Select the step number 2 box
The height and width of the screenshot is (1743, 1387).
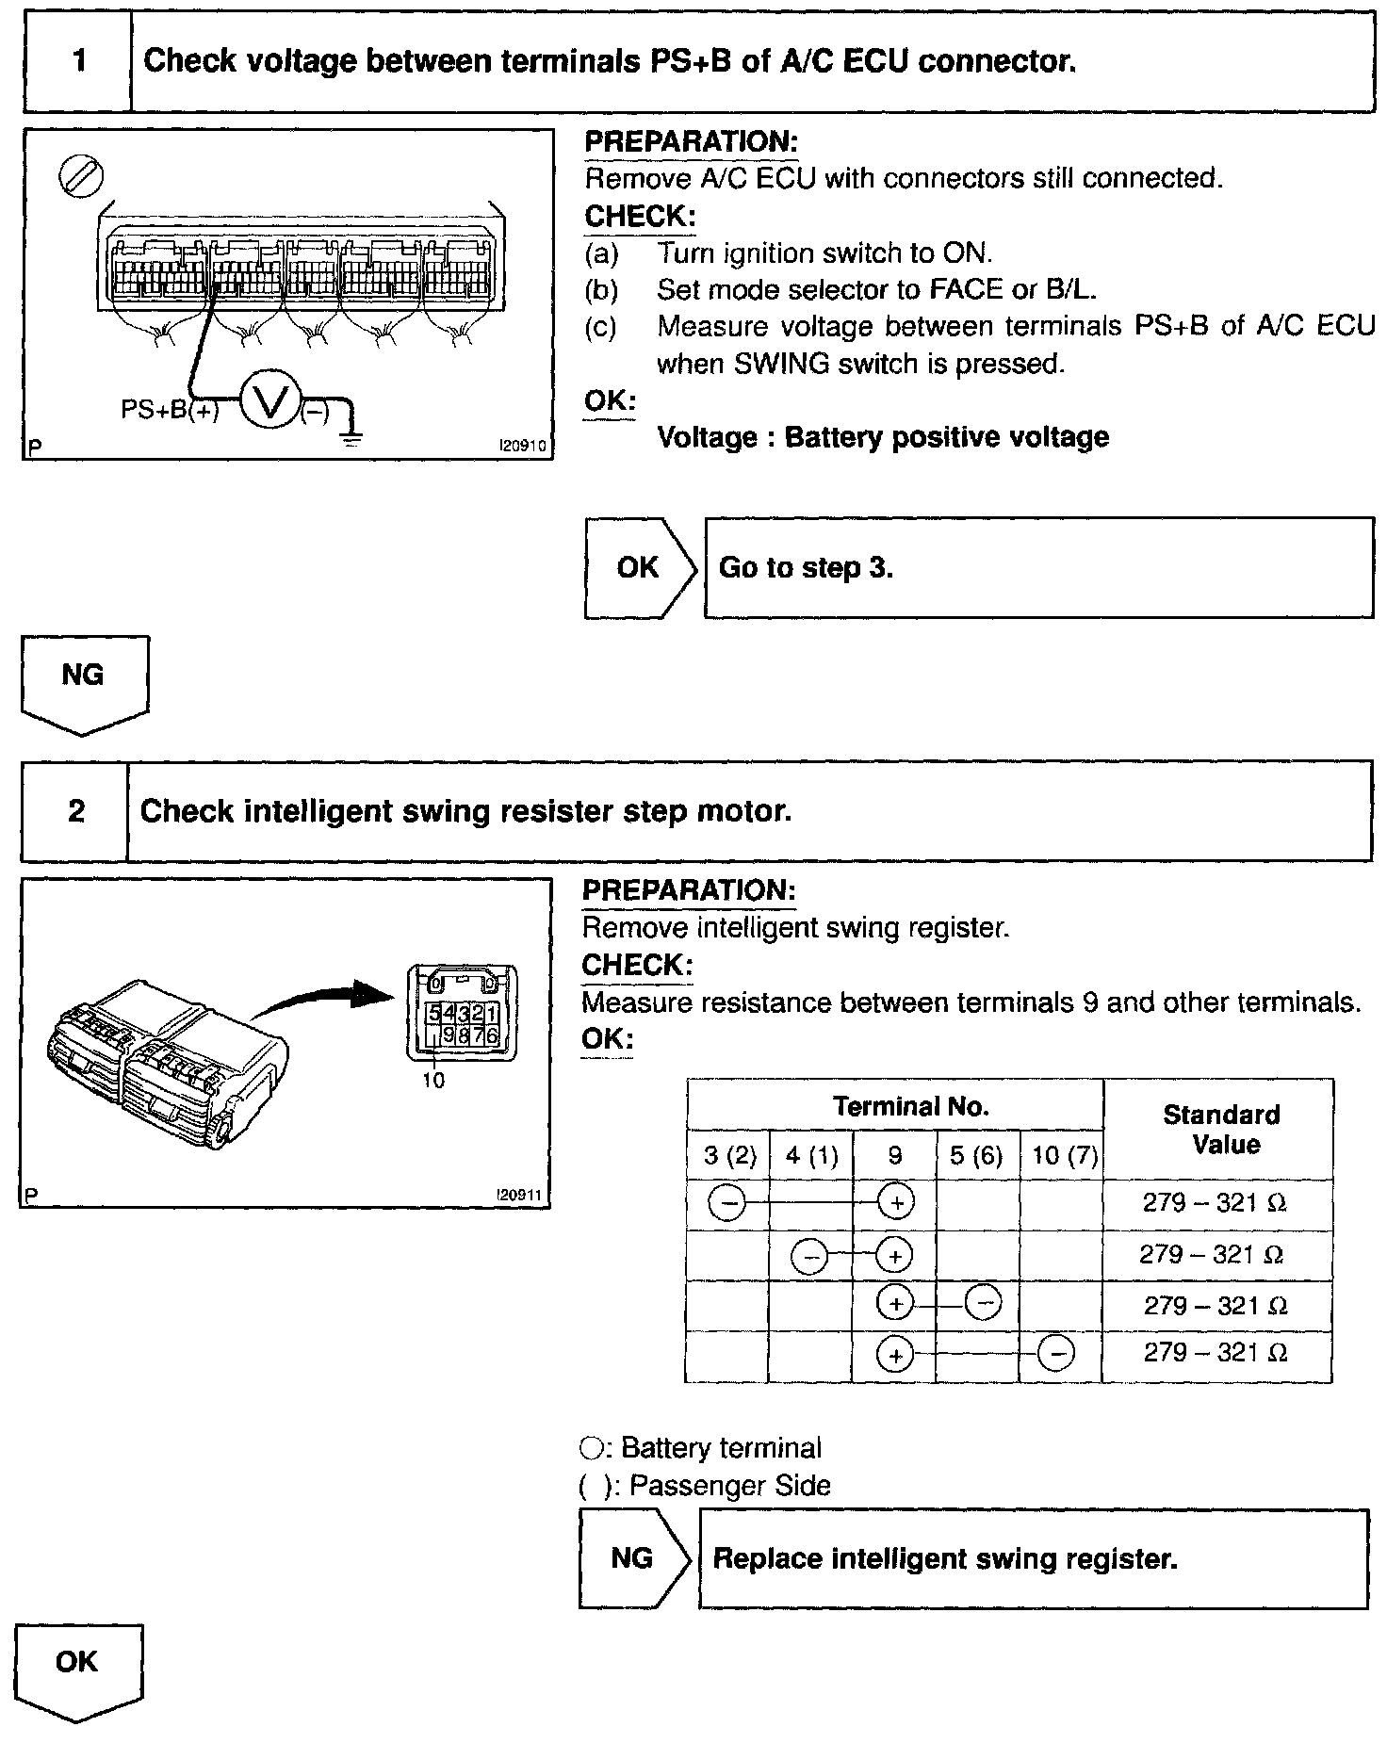click(x=75, y=811)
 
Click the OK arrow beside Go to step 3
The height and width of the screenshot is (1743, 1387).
click(x=640, y=567)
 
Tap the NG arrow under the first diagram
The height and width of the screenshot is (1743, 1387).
click(x=84, y=681)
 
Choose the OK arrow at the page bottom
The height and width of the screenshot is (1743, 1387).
click(x=78, y=1669)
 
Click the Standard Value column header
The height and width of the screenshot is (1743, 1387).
click(x=1220, y=1130)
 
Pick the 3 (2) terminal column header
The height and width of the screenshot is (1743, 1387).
click(x=729, y=1156)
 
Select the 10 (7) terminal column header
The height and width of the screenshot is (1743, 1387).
click(x=1064, y=1156)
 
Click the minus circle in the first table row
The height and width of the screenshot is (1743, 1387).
click(x=727, y=1202)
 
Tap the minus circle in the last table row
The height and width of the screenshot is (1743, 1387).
click(x=1056, y=1355)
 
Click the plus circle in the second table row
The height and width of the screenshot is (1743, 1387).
click(x=895, y=1255)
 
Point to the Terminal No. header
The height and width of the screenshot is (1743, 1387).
click(x=910, y=1106)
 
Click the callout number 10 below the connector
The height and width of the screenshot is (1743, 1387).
click(x=432, y=1081)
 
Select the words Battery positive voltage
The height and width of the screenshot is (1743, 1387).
click(x=946, y=437)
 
